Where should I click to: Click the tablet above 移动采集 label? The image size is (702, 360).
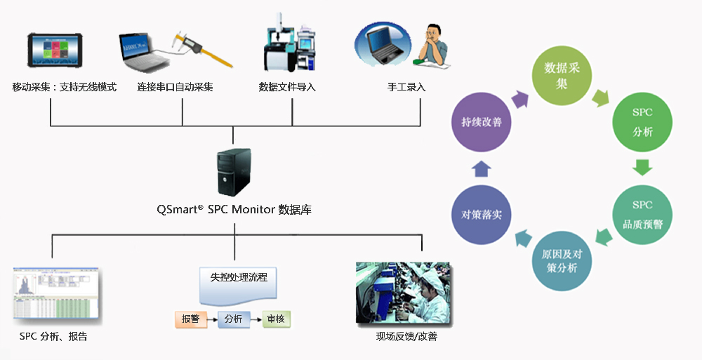click(64, 53)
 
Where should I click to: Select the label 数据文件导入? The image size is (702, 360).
click(287, 88)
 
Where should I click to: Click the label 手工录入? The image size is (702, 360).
click(406, 88)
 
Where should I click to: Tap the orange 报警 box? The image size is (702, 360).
click(191, 319)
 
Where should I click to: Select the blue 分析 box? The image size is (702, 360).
click(234, 319)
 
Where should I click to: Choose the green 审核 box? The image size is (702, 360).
click(276, 319)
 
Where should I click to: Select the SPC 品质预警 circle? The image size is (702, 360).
click(642, 215)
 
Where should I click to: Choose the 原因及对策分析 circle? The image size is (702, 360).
click(562, 260)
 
